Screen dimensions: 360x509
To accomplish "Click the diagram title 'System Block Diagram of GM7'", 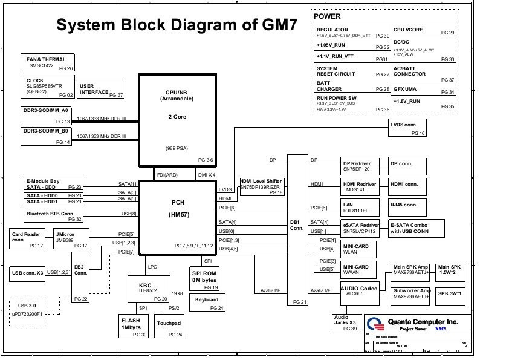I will [x=177, y=25].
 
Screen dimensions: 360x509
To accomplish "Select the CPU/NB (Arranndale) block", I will [x=177, y=119].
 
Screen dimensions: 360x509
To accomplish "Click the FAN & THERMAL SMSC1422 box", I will [x=48, y=63].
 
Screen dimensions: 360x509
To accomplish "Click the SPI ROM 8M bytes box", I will [x=204, y=279].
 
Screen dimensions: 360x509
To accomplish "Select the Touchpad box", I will [x=169, y=326].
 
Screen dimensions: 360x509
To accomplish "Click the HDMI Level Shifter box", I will [x=262, y=186].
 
